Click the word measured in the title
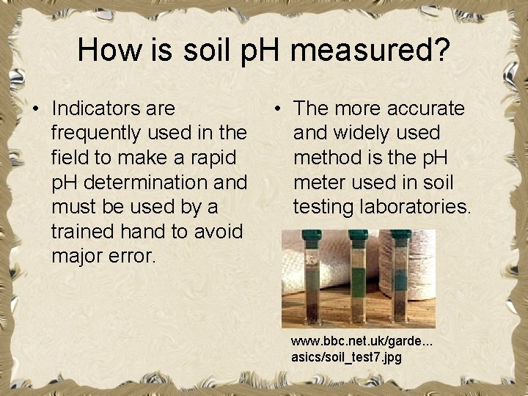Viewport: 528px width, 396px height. coord(370,50)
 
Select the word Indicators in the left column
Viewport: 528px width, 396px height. coord(114,109)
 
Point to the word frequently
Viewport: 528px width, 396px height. coord(98,133)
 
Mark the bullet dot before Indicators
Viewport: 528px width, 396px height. coord(35,109)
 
